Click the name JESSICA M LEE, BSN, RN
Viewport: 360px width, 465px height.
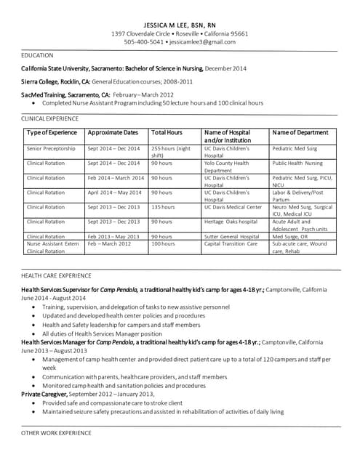tap(180, 23)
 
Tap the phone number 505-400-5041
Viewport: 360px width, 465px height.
tap(143, 42)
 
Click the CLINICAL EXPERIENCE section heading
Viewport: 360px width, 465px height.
tap(50, 118)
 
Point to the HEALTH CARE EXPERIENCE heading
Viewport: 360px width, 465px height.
tap(56, 275)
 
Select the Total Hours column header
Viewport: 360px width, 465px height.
tap(167, 133)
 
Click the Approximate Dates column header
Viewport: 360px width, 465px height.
tap(112, 133)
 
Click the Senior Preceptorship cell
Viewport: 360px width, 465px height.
tap(51, 148)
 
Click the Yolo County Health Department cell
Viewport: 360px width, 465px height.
tap(226, 166)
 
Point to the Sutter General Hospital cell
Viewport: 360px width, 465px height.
tap(231, 236)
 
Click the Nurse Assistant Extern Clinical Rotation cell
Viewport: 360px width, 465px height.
tap(52, 247)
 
